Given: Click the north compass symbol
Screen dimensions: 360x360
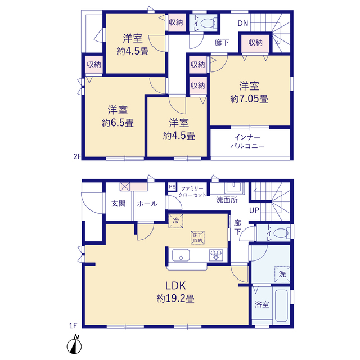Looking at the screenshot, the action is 74,344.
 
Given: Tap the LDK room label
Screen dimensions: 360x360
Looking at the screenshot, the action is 175,286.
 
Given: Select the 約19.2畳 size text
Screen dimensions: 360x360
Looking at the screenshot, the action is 175,299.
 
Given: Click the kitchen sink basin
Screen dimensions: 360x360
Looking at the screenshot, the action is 181,255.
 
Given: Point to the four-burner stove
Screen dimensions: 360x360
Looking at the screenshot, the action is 216,255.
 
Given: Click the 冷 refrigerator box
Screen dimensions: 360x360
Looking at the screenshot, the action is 176,221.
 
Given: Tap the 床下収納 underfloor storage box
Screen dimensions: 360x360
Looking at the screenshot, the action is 197,237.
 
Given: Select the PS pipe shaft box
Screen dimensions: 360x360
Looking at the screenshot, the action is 172,187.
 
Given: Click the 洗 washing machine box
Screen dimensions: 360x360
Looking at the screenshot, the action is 282,274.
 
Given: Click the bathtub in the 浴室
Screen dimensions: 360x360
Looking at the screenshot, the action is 281,305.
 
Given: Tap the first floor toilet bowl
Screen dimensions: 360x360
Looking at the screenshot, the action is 281,233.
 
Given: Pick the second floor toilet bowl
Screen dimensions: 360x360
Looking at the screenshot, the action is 208,23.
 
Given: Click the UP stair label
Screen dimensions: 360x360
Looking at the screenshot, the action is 254,210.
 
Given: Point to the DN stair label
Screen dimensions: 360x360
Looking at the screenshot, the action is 243,23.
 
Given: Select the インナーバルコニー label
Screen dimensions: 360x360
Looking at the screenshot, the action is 247,142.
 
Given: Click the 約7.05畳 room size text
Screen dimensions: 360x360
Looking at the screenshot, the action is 249,99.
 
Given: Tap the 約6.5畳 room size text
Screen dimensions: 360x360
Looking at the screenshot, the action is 118,123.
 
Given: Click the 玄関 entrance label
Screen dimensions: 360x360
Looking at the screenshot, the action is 119,204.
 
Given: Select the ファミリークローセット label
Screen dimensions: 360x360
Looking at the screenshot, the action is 192,192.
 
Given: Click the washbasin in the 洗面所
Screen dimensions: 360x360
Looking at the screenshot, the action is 234,187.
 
